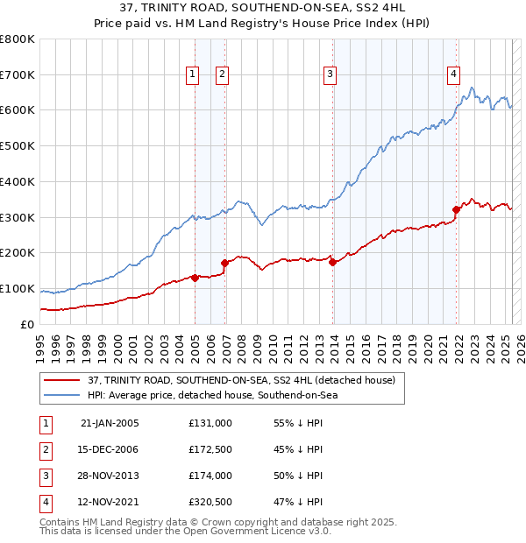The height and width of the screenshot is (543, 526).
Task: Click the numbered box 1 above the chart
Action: coord(192,75)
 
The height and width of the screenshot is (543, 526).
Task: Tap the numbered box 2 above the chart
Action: coord(222,75)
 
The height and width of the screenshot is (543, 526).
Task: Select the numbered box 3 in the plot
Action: coord(330,75)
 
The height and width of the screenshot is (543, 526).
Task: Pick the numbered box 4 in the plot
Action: coord(454,75)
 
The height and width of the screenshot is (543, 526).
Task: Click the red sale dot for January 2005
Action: coord(195,278)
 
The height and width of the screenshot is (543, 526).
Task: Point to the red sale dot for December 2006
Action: coord(225,262)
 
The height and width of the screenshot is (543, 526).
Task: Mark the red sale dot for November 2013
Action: coord(333,262)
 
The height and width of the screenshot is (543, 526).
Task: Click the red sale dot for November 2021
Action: coord(456,209)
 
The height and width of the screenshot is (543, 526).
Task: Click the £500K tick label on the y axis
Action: coord(18,146)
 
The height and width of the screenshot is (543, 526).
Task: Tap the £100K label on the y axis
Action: coord(18,288)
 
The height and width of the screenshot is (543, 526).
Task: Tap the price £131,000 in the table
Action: coord(210,422)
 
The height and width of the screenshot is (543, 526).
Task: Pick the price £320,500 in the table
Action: coord(210,502)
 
